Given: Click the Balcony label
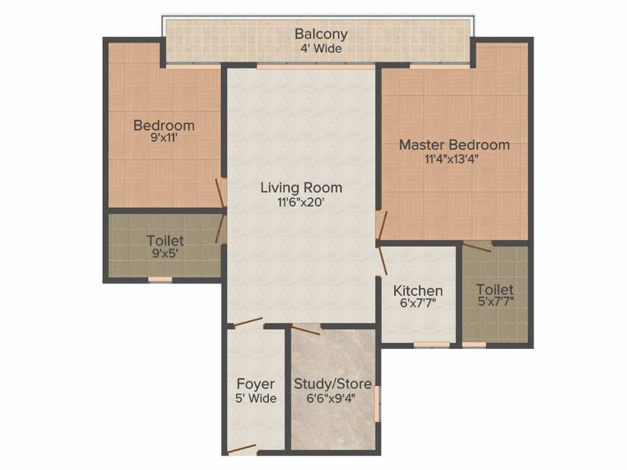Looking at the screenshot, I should tap(321, 34).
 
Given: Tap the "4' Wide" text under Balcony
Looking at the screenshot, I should tap(321, 48).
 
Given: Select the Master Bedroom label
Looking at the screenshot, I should tap(454, 145).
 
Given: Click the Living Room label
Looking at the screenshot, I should tap(301, 187).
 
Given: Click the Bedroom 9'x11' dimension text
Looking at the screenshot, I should tap(163, 139).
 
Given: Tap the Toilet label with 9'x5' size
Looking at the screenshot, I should tap(165, 241).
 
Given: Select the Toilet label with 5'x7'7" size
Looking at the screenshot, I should tap(495, 289).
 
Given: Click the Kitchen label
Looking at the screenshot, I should tap(418, 290).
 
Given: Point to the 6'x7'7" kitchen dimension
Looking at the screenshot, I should tap(418, 304).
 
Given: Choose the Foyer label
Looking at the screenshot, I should tap(255, 384).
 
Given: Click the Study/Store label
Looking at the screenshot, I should tap(332, 384).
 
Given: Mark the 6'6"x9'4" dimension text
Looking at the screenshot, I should tap(332, 398).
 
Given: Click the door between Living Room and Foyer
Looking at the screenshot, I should tap(248, 323).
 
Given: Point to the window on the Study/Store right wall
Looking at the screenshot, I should tap(377, 403).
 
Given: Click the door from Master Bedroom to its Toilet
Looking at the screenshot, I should tap(477, 247).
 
